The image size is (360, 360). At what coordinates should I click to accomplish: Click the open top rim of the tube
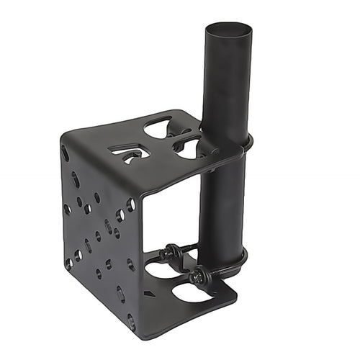pyautogui.click(x=229, y=30)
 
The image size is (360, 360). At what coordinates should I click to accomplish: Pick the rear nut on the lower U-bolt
pyautogui.click(x=171, y=252)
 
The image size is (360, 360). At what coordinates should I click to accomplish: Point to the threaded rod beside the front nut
pyautogui.click(x=216, y=271)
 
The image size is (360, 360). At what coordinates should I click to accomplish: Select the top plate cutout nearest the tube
pyautogui.click(x=188, y=147)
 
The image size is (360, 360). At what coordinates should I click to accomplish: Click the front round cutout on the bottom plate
pyautogui.click(x=193, y=292)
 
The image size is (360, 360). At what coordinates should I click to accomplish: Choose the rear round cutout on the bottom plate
pyautogui.click(x=163, y=269)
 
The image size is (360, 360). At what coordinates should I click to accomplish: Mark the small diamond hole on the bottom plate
pyautogui.click(x=148, y=293)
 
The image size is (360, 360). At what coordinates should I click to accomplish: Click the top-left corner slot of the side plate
pyautogui.click(x=66, y=153)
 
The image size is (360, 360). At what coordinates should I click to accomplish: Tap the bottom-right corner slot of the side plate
pyautogui.click(x=131, y=321)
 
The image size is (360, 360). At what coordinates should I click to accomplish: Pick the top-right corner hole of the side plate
pyautogui.click(x=130, y=204)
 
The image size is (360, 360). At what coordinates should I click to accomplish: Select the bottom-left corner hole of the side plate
pyautogui.click(x=69, y=264)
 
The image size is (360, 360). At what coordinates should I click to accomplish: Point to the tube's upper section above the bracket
pyautogui.click(x=228, y=79)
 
